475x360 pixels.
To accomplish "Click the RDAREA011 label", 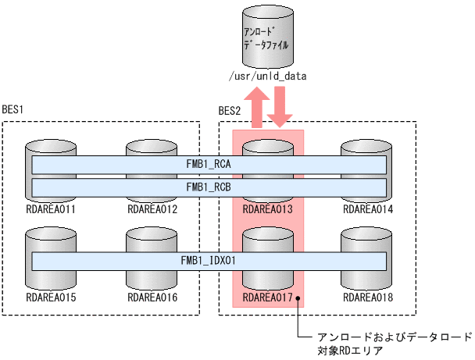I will (x=51, y=209).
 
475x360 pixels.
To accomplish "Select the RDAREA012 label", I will (x=151, y=209).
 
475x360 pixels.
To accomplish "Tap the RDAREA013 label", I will (x=268, y=209).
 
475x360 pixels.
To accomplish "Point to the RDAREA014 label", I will (x=366, y=209).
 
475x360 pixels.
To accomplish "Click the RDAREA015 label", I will (x=51, y=298).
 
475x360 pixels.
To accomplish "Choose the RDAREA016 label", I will (x=151, y=298).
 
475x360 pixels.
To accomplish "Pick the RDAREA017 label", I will (x=268, y=298).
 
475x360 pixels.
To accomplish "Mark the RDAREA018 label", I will (x=366, y=298).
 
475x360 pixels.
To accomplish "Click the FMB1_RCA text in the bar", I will (x=209, y=166).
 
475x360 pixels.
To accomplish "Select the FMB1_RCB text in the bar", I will (x=209, y=187).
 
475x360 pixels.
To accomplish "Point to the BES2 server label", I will (x=230, y=111).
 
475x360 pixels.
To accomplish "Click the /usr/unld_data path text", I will (x=266, y=77).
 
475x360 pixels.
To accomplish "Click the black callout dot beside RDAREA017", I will (x=298, y=298).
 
